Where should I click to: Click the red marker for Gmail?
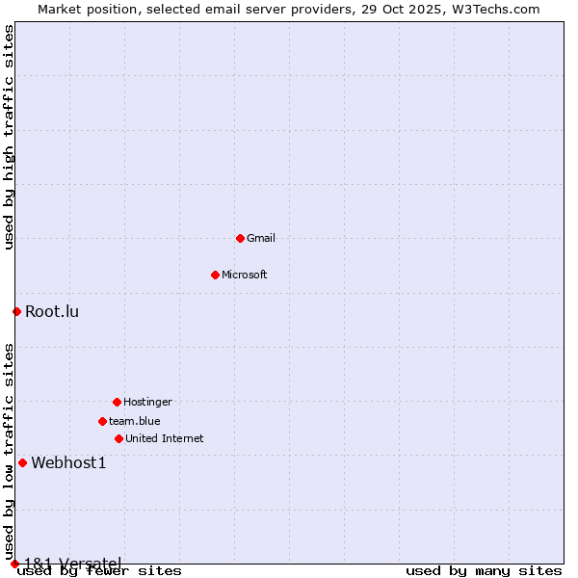[240, 238]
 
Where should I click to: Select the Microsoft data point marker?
[215, 275]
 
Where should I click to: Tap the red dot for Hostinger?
[117, 402]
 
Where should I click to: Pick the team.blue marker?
[102, 421]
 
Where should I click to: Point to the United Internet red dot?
[118, 438]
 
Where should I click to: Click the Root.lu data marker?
[16, 311]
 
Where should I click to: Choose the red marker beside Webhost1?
[22, 462]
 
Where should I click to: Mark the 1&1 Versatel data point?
[14, 564]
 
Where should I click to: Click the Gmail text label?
[261, 238]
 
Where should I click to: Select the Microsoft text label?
[245, 275]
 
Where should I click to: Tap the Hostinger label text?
[147, 402]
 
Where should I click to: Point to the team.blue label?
[135, 421]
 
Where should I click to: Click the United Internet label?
[165, 438]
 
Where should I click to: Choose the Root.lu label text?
[52, 311]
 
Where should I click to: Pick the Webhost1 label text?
[68, 462]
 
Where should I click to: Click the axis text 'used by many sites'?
[484, 571]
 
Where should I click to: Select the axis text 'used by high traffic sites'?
[9, 138]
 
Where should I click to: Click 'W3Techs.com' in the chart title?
[495, 9]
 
